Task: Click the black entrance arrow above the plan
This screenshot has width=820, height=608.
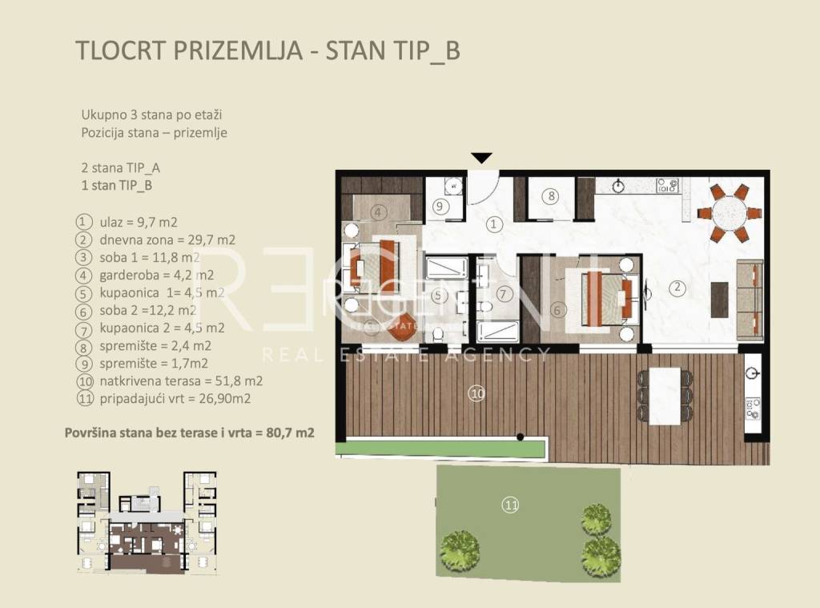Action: point(481,158)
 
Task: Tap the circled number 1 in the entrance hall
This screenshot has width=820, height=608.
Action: point(493,224)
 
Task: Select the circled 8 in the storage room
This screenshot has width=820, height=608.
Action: point(551,196)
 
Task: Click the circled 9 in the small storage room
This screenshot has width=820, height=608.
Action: point(440,206)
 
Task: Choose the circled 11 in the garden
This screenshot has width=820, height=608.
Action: point(510,505)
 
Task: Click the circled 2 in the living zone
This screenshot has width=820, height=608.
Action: point(677,288)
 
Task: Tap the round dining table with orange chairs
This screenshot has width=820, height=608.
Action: point(730,212)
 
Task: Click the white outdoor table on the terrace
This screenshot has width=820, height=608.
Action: point(664,396)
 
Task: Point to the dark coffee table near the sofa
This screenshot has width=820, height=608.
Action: point(720,300)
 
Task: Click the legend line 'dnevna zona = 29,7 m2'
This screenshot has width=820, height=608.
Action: point(167,240)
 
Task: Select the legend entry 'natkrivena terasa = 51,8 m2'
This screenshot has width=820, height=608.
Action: point(181,381)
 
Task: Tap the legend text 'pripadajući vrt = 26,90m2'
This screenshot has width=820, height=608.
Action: point(175,399)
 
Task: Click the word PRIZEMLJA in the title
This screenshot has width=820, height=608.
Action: point(237,50)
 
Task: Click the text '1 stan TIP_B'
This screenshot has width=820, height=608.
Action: point(117,186)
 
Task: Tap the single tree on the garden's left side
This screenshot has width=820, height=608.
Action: point(460,551)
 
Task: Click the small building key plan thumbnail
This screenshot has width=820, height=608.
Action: point(147,522)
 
